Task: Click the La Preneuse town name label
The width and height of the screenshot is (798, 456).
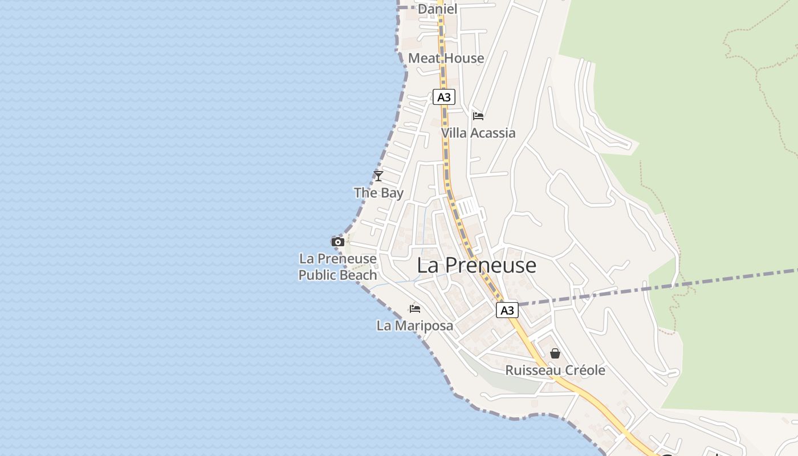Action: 477,266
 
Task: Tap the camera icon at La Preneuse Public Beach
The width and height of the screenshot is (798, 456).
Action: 338,242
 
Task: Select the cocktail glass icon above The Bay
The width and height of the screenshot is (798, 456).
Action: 378,176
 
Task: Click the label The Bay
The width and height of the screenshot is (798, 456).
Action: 378,193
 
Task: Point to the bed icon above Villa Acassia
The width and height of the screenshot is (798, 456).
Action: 478,116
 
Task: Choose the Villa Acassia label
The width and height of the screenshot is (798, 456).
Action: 478,133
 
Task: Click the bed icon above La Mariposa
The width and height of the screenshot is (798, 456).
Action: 415,309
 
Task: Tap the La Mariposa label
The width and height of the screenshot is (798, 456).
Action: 415,326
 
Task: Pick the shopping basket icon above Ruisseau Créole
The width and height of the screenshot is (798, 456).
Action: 555,354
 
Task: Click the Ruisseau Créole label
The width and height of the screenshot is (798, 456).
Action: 555,370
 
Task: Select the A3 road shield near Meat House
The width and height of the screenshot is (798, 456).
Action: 444,97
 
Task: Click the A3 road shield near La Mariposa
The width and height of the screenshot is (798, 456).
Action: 507,311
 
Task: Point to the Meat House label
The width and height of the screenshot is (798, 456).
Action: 446,58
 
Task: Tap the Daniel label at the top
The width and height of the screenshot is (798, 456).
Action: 438,9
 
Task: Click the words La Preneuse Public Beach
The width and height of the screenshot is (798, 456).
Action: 338,267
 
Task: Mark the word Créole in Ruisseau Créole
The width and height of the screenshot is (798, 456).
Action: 582,370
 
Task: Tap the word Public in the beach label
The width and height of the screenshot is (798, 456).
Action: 318,275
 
